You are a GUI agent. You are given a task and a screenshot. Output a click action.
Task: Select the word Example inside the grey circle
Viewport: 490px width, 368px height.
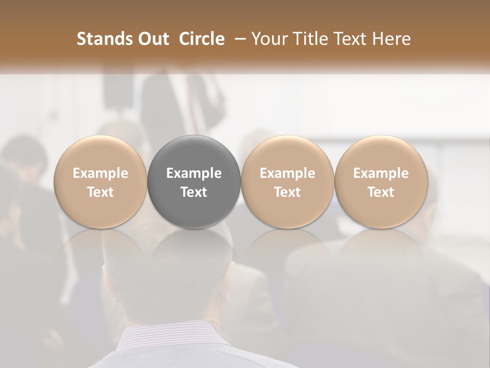tap(194, 173)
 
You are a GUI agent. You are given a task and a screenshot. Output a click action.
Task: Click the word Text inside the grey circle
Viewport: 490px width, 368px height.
tap(194, 192)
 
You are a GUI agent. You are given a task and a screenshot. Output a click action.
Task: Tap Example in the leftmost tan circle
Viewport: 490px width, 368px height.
tap(101, 173)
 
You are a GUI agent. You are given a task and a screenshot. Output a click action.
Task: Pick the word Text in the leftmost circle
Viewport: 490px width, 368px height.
tap(101, 192)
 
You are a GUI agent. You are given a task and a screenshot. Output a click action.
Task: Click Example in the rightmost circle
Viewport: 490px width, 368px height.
tap(381, 173)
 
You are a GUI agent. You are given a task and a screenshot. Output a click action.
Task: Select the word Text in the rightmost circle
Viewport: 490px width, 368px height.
tap(381, 192)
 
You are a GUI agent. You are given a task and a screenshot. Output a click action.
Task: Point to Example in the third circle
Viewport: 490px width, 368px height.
tap(287, 173)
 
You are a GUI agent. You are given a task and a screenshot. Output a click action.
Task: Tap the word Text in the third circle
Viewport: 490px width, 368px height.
tap(287, 192)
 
